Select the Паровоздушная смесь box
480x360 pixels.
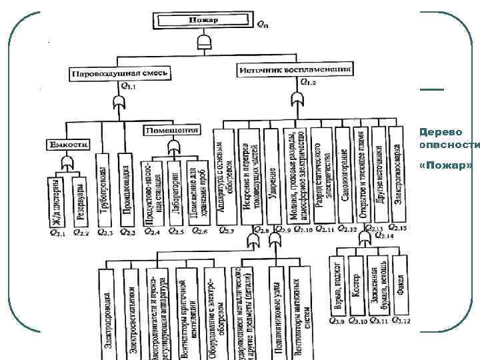pyautogui.click(x=121, y=72)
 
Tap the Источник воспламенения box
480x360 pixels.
pyautogui.click(x=295, y=68)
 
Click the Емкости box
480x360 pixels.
pyautogui.click(x=69, y=144)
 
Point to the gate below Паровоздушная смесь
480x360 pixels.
pyautogui.click(x=119, y=103)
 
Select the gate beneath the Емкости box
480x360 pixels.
pyautogui.click(x=67, y=163)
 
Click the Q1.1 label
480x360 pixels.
pyautogui.click(x=127, y=87)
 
